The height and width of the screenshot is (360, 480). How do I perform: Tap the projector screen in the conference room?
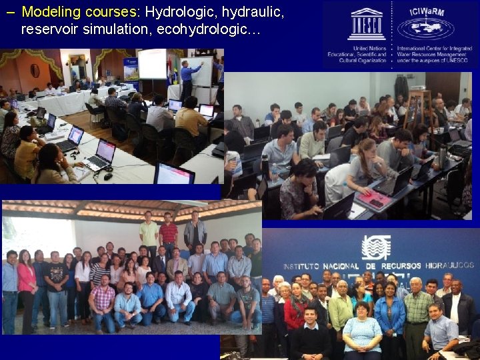tap(152, 64)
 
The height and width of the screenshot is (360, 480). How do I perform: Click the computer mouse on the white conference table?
tap(107, 176)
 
